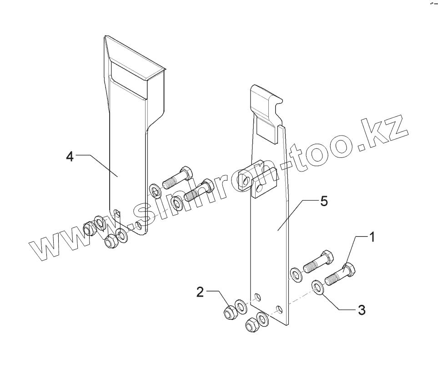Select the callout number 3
[x=361, y=310]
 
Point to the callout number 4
[x=70, y=156]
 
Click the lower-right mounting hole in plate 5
[x=280, y=310]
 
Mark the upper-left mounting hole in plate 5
[x=257, y=298]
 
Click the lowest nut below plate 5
[x=251, y=325]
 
